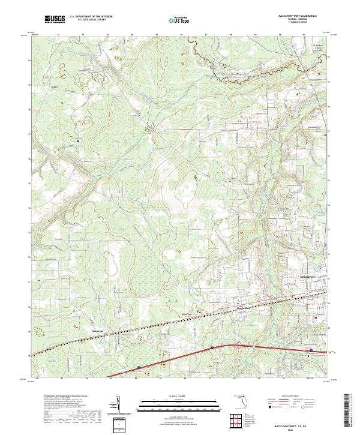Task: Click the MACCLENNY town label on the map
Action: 308,277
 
